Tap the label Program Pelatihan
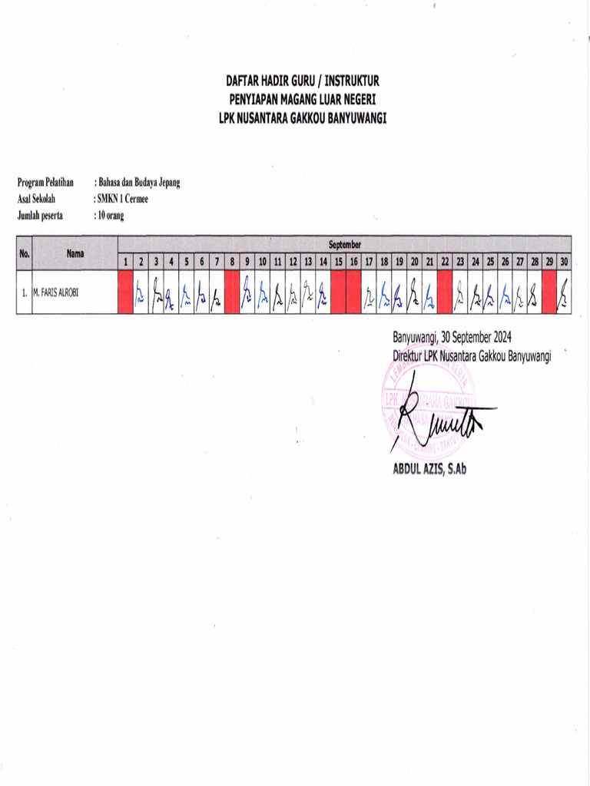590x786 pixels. point(45,183)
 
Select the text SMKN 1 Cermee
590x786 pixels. point(121,200)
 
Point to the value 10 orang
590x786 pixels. point(110,216)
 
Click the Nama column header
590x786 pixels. point(75,253)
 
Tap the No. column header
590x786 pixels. point(25,253)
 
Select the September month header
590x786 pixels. point(345,244)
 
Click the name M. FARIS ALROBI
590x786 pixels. point(55,292)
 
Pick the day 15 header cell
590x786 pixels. point(338,262)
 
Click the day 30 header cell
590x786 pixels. point(564,262)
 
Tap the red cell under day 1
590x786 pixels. point(125,292)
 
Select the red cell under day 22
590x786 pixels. point(444,292)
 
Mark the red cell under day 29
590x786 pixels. point(549,292)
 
